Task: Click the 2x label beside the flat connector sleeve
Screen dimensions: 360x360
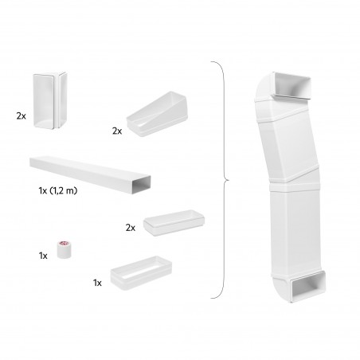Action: pos(131,228)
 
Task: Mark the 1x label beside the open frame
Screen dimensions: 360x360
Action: pos(98,282)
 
